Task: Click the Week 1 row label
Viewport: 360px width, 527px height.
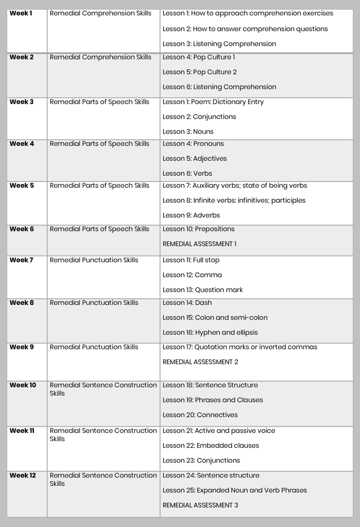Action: point(21,13)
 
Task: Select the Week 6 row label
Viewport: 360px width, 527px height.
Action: point(21,229)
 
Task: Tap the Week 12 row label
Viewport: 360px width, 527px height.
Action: point(23,476)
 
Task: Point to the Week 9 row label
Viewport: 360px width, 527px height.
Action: point(21,347)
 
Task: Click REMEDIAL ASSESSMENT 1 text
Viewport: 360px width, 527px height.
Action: point(200,244)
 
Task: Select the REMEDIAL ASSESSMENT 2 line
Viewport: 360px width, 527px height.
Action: point(200,362)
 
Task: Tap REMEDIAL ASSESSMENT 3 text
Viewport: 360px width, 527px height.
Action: point(200,505)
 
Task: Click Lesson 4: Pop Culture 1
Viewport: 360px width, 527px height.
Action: point(199,57)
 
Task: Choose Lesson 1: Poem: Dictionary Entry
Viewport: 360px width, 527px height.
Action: point(213,102)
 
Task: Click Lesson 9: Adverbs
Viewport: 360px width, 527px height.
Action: point(191,215)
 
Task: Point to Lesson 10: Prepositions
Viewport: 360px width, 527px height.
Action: point(199,229)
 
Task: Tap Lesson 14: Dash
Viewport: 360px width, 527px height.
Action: point(187,303)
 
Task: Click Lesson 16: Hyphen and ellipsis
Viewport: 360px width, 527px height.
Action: point(210,332)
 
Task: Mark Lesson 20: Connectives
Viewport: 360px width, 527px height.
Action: point(200,415)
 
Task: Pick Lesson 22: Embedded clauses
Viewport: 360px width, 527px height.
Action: point(211,446)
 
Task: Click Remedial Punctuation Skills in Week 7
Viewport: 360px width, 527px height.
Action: point(94,260)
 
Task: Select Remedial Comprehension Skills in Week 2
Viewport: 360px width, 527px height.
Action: point(100,57)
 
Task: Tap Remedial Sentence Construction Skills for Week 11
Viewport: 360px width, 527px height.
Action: point(103,434)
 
